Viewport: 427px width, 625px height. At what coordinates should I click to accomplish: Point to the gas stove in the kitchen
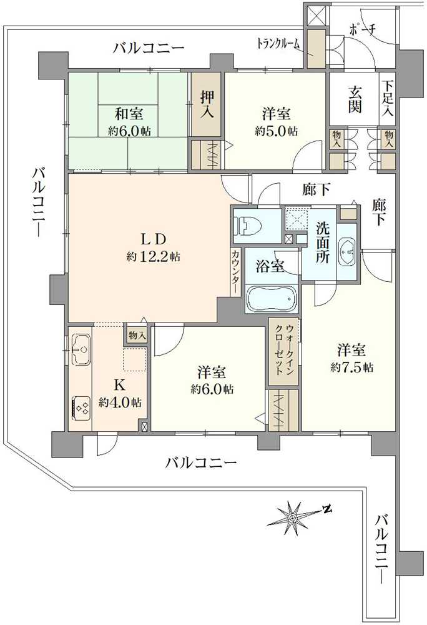(81, 408)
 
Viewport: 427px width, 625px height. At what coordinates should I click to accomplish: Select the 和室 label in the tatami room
(128, 114)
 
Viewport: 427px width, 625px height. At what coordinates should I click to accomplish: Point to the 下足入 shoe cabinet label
(388, 98)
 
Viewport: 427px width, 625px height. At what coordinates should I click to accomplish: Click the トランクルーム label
(279, 44)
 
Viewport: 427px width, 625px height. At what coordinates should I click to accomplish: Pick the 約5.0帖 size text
(275, 132)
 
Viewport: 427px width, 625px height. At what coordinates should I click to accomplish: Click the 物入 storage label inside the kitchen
(137, 336)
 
